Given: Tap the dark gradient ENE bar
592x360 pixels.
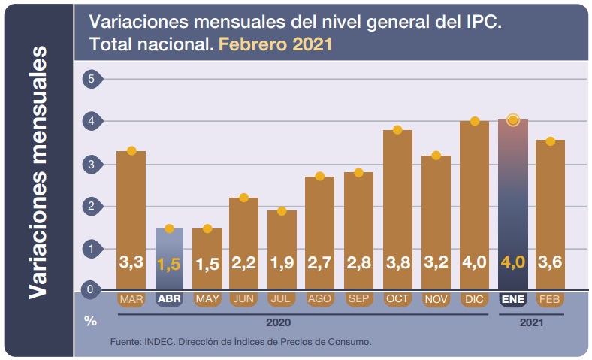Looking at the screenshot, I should click(x=513, y=203).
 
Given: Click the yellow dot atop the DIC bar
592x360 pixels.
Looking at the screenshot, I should click(x=475, y=121).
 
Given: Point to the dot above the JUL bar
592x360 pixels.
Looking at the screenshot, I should click(x=282, y=211).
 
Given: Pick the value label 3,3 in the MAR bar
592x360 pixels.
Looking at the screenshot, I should click(x=131, y=264).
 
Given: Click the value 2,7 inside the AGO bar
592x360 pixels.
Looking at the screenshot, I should click(x=319, y=264).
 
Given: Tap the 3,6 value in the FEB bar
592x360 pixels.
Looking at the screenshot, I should click(x=551, y=264).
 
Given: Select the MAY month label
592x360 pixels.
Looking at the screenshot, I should click(x=207, y=299).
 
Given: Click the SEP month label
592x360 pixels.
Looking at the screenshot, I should click(x=358, y=299).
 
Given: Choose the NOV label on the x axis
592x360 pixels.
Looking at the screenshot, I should click(x=436, y=299).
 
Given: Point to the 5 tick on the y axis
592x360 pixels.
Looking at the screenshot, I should click(x=92, y=79).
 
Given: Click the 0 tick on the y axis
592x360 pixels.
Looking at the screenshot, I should click(x=92, y=289).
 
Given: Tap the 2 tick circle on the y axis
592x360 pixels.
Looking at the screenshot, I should click(x=92, y=206).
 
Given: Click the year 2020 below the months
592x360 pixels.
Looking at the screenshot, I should click(x=278, y=322).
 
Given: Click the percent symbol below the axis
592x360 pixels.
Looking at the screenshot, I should click(x=91, y=321).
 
